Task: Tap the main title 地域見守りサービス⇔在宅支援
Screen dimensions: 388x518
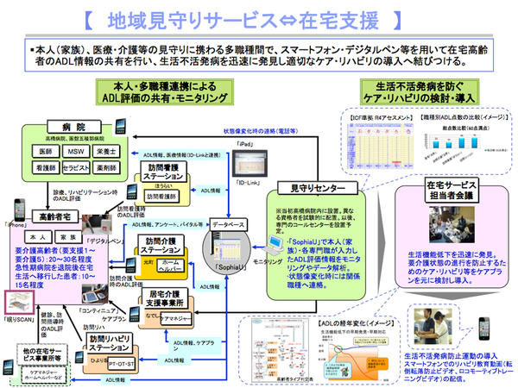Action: (256, 16)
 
